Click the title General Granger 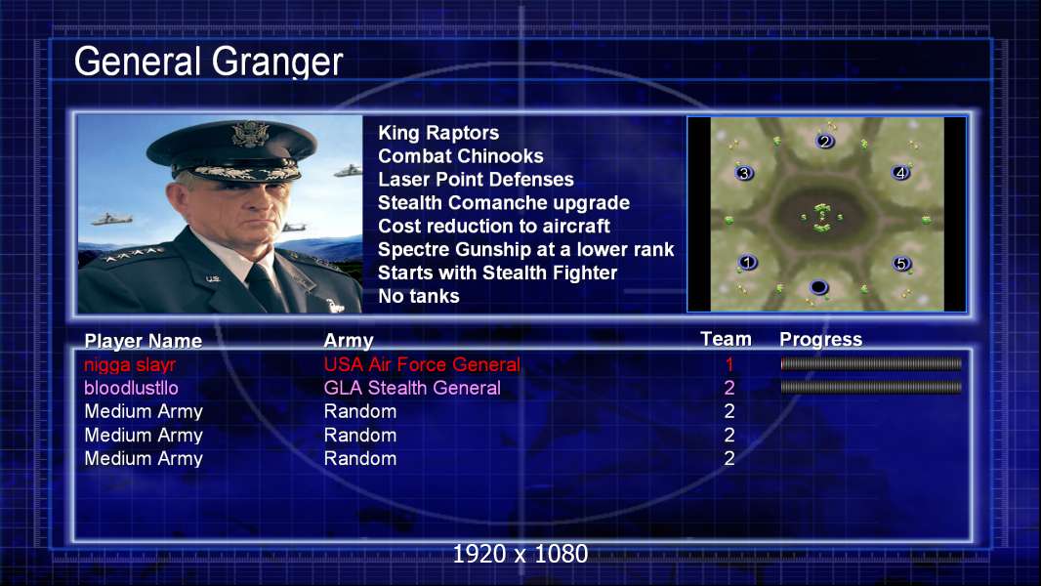click(x=208, y=62)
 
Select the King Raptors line click(x=438, y=133)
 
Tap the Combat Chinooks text click(x=461, y=156)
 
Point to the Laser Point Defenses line click(x=476, y=179)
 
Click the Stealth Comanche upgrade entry click(x=504, y=203)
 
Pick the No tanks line click(x=418, y=296)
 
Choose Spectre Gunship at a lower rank click(x=525, y=249)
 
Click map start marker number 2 click(x=824, y=141)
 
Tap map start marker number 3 click(x=744, y=173)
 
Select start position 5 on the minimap click(x=901, y=264)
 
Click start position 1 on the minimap click(x=748, y=262)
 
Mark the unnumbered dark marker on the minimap click(x=819, y=287)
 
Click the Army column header click(x=349, y=341)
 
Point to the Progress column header click(x=820, y=339)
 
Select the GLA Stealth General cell click(x=412, y=388)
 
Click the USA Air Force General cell click(x=422, y=364)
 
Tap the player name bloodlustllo click(x=131, y=388)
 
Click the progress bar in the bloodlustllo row click(x=871, y=387)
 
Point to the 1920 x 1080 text click(x=520, y=554)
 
